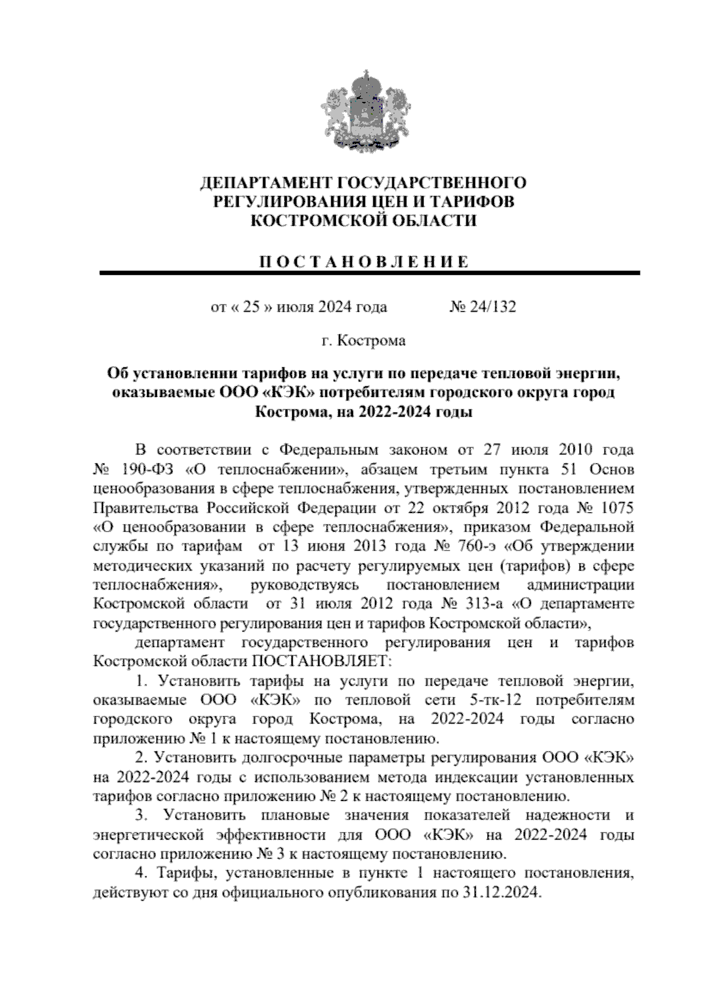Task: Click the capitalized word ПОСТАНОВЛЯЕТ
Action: click(x=322, y=661)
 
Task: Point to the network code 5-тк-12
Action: click(x=495, y=700)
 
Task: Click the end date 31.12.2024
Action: click(x=499, y=892)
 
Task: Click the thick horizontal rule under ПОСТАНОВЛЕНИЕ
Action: click(x=370, y=273)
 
